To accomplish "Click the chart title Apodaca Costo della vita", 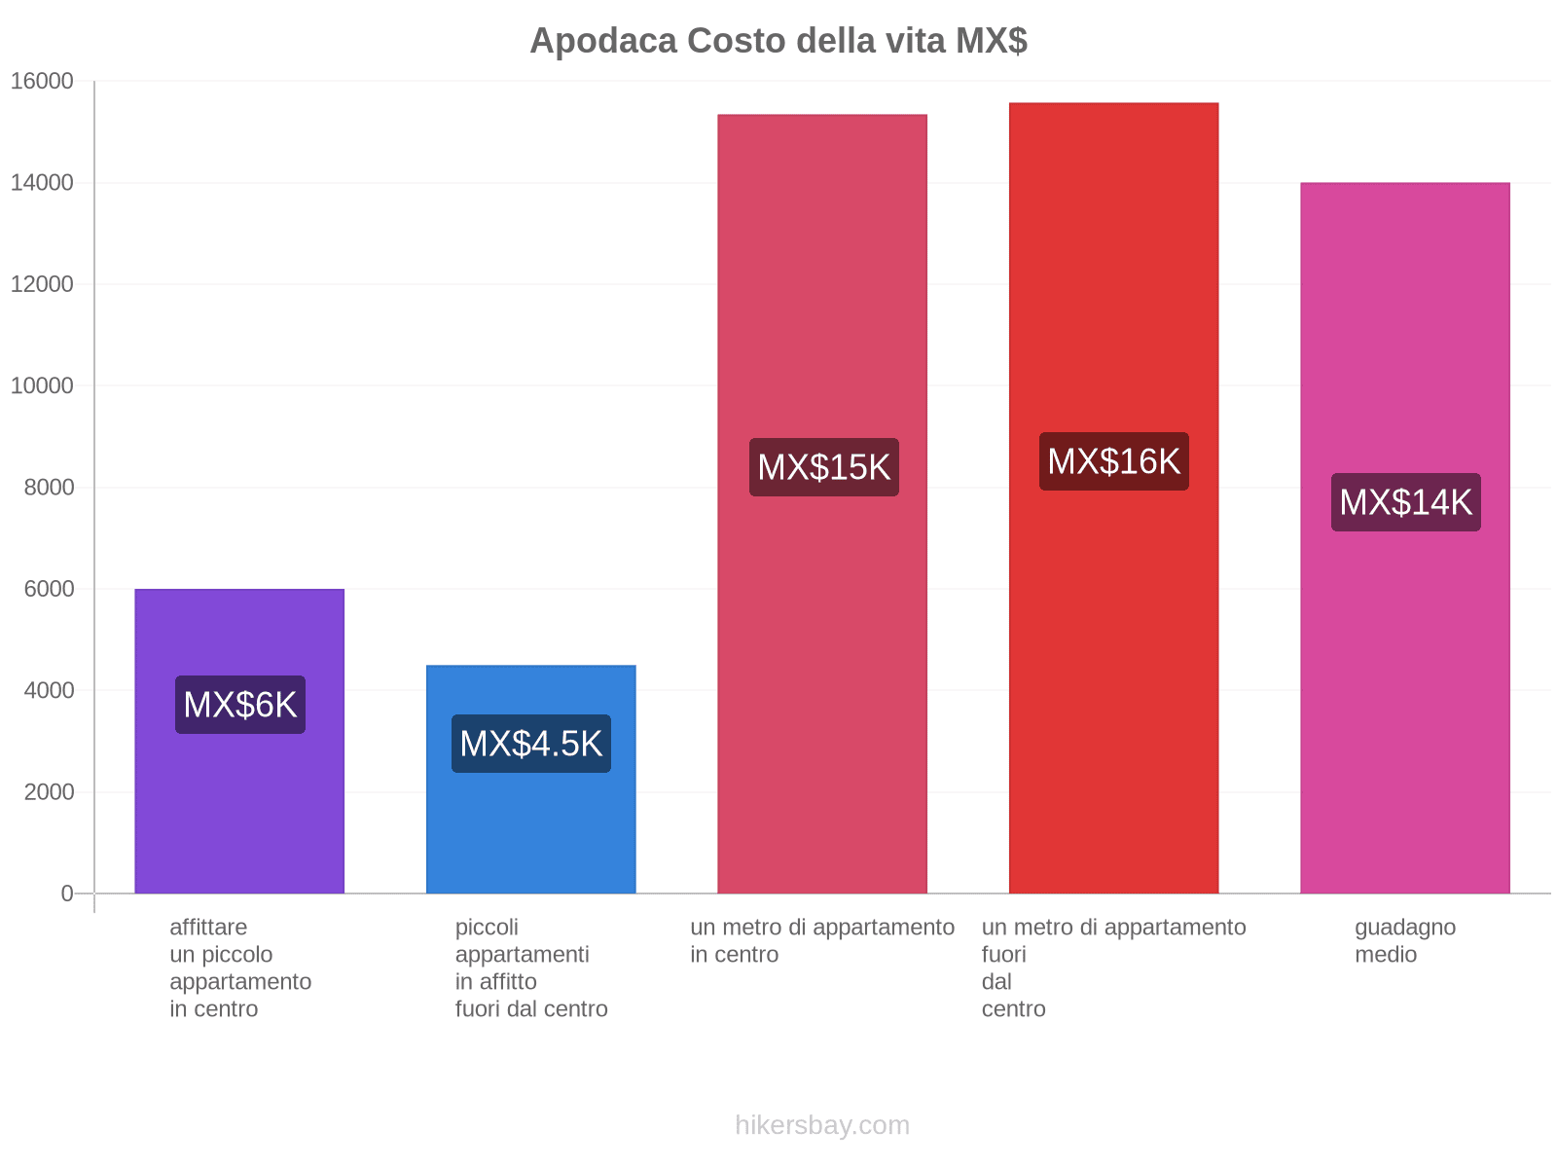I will pyautogui.click(x=778, y=41).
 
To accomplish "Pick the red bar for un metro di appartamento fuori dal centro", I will pyautogui.click(x=1113, y=681).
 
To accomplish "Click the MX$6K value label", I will pyautogui.click(x=240, y=705).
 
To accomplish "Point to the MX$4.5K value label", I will pyautogui.click(x=531, y=744).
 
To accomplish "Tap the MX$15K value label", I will pyautogui.click(x=824, y=467).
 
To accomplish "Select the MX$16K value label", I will pyautogui.click(x=1114, y=461).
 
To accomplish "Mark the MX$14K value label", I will pyautogui.click(x=1406, y=502).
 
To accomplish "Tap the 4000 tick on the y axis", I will pyautogui.click(x=49, y=691).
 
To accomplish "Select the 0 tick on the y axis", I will pyautogui.click(x=67, y=894).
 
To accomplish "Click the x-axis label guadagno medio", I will pyautogui.click(x=1405, y=940).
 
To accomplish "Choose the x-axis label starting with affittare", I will pyautogui.click(x=240, y=967).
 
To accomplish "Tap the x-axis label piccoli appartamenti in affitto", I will pyautogui.click(x=531, y=967).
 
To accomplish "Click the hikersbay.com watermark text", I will pyautogui.click(x=822, y=1125).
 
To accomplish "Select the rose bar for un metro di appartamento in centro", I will pyautogui.click(x=822, y=681).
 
